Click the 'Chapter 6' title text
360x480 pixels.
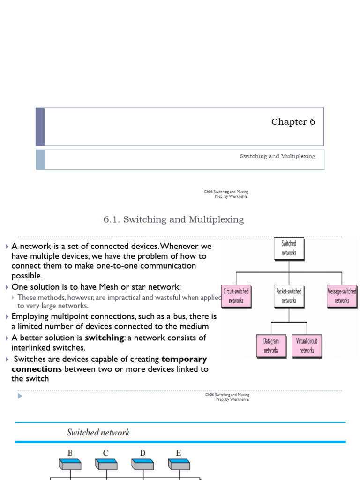click(293, 122)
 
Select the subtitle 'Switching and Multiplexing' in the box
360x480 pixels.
click(277, 156)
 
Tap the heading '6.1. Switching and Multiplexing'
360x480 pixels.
click(173, 219)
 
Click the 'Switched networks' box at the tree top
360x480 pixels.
click(289, 248)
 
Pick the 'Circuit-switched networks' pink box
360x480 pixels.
click(236, 296)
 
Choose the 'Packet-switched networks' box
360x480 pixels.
click(289, 296)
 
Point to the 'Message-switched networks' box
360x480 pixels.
click(341, 296)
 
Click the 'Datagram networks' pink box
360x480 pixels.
click(271, 345)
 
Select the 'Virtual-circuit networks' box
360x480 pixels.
click(307, 345)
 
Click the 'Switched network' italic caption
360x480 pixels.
click(98, 432)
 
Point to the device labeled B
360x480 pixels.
click(70, 464)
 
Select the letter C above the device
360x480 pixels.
click(106, 453)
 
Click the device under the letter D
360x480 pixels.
click(142, 464)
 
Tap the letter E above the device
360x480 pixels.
click(179, 453)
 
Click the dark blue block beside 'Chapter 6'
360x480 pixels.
click(40, 127)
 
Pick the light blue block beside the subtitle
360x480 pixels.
click(40, 159)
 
